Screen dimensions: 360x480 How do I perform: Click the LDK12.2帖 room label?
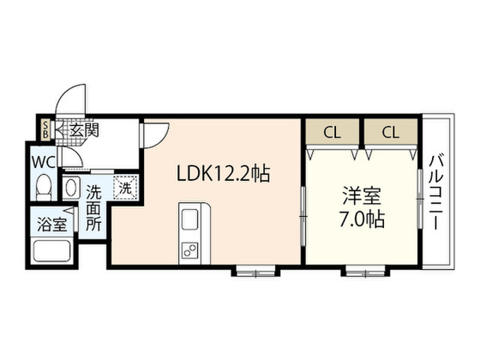pos(223,174)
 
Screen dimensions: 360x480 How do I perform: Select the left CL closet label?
pos(332,133)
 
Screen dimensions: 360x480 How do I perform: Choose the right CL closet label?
pos(390,133)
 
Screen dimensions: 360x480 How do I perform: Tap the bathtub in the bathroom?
pos(51,252)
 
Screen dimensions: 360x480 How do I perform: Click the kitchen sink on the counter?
pos(190,220)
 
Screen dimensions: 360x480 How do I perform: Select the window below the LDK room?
pos(255,271)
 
